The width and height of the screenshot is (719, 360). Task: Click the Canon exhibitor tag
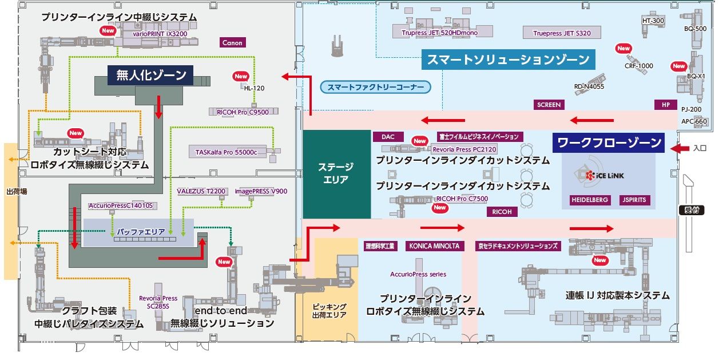[x=233, y=42]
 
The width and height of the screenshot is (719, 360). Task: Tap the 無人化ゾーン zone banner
[x=150, y=76]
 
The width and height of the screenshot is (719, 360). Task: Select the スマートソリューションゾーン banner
[x=508, y=60]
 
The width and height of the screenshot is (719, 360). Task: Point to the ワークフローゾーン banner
[x=608, y=143]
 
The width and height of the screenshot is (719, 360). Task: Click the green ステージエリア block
[x=337, y=174]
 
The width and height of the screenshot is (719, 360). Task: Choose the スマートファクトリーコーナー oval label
[x=376, y=87]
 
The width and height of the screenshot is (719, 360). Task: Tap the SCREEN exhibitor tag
[x=549, y=105]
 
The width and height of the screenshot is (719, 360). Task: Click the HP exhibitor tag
[x=666, y=105]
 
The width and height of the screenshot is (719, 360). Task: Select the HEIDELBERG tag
[x=590, y=200]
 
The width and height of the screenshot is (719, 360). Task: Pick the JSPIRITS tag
[x=634, y=200]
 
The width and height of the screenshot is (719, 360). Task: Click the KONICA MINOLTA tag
[x=434, y=246]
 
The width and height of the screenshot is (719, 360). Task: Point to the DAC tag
[x=388, y=137]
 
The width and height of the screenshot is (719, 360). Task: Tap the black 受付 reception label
[x=692, y=211]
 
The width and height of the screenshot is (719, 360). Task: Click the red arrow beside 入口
[x=680, y=148]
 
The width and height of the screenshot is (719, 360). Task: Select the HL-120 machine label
[x=254, y=88]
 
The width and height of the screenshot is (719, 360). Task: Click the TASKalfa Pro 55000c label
[x=227, y=152]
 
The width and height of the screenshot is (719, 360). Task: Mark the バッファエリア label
[x=141, y=232]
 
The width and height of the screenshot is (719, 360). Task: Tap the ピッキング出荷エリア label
[x=329, y=311]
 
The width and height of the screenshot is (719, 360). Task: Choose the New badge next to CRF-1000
[x=623, y=49]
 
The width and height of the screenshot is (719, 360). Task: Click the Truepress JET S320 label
[x=562, y=33]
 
